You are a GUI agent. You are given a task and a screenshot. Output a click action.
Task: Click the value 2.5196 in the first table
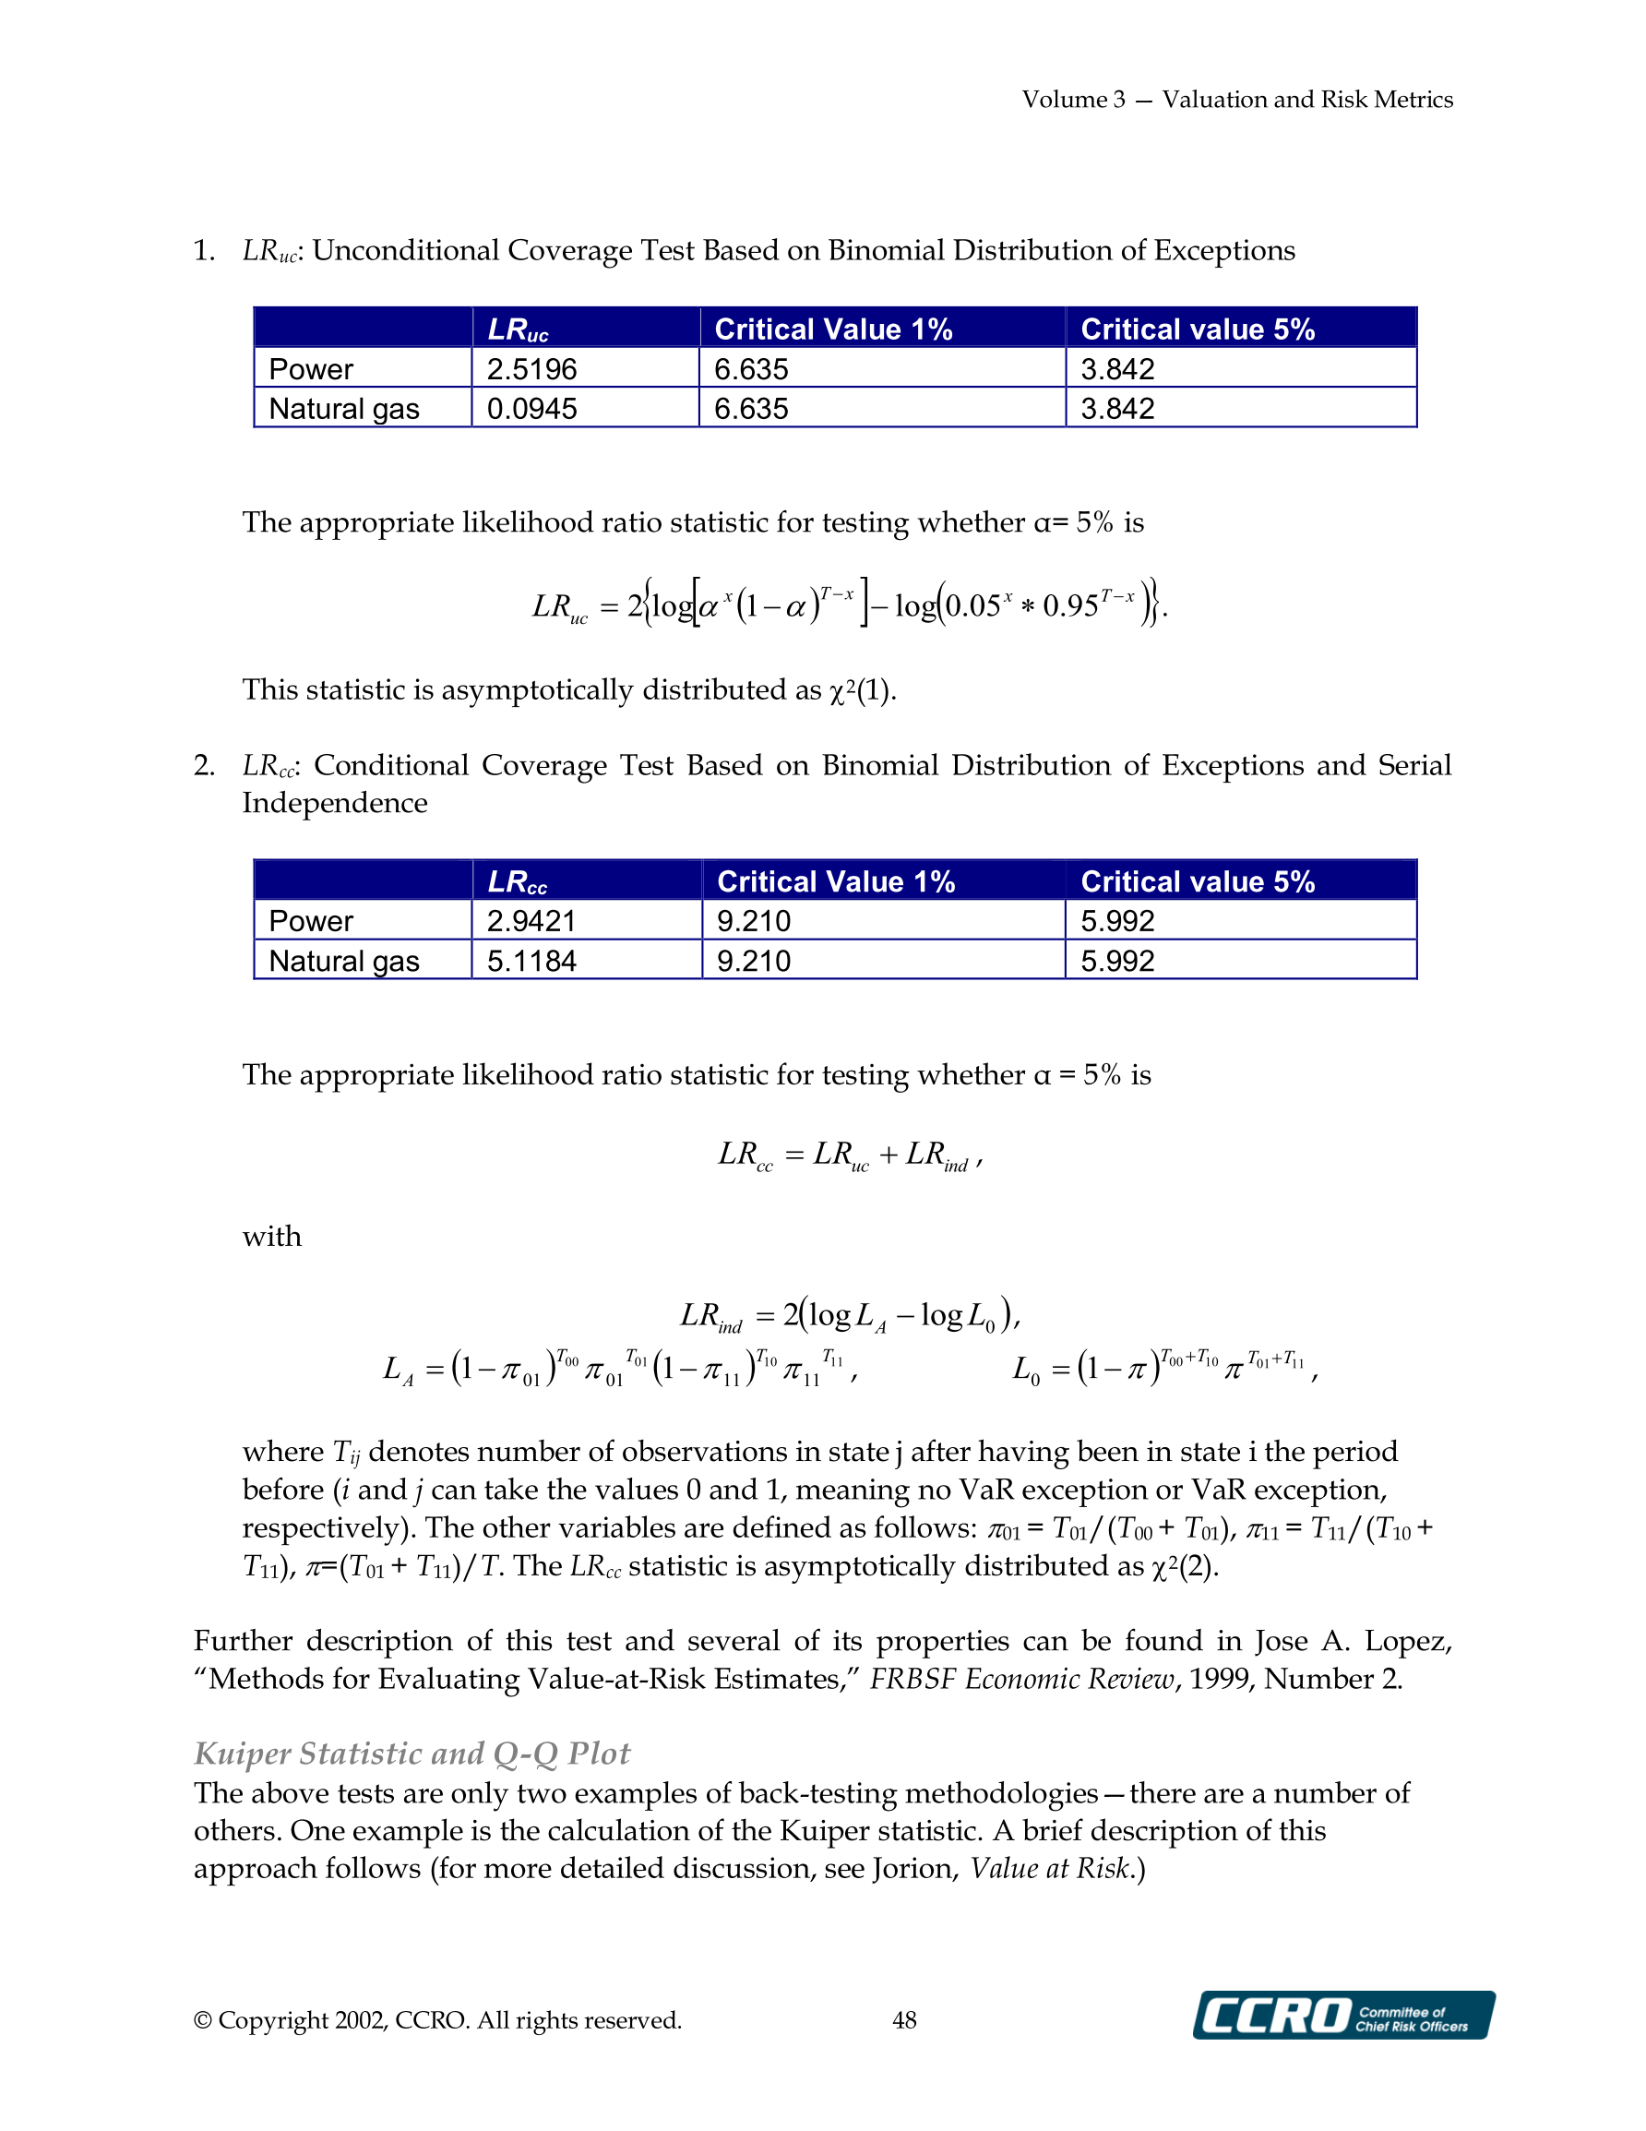(531, 369)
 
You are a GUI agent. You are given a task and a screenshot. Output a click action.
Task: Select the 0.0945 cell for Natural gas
(531, 408)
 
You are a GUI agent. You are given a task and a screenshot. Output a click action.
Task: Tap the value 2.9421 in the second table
(531, 920)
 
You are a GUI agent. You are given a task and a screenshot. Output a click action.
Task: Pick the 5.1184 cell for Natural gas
(531, 961)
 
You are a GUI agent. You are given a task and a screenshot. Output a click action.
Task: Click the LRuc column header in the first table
(519, 329)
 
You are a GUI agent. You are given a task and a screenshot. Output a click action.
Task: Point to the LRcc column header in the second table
(517, 882)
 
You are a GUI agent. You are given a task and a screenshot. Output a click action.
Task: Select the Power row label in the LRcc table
(310, 920)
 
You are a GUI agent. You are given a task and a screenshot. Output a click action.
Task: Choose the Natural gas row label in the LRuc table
(343, 408)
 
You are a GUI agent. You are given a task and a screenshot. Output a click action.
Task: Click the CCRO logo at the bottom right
(1342, 2015)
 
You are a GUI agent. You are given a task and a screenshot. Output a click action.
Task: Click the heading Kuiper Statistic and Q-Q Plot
(411, 1754)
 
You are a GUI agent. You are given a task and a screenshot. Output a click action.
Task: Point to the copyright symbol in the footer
(203, 2021)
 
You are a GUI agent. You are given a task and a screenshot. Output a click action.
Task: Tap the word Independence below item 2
(335, 803)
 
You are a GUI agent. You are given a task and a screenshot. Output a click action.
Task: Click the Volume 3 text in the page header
(1073, 100)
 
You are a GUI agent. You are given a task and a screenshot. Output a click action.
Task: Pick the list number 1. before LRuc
(204, 251)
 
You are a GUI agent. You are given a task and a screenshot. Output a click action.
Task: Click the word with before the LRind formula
(272, 1237)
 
